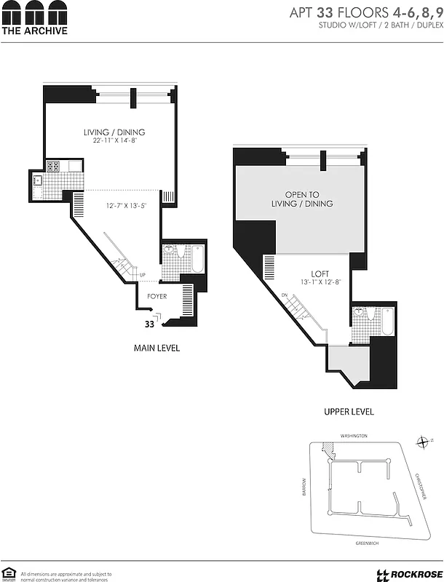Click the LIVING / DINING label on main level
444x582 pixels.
click(x=114, y=132)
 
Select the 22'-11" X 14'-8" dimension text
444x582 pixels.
click(x=114, y=140)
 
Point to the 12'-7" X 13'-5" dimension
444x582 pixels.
click(x=124, y=205)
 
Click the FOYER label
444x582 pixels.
click(x=157, y=296)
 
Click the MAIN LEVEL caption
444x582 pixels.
click(x=156, y=348)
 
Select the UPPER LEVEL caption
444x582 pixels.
click(x=349, y=412)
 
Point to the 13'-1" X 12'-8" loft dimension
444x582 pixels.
click(x=312, y=282)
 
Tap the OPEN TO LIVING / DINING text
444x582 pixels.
click(x=309, y=199)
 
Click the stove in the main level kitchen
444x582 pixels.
click(x=53, y=166)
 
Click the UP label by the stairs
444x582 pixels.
click(x=143, y=274)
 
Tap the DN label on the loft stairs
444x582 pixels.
click(x=285, y=295)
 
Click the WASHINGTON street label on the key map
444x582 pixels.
click(x=354, y=435)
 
